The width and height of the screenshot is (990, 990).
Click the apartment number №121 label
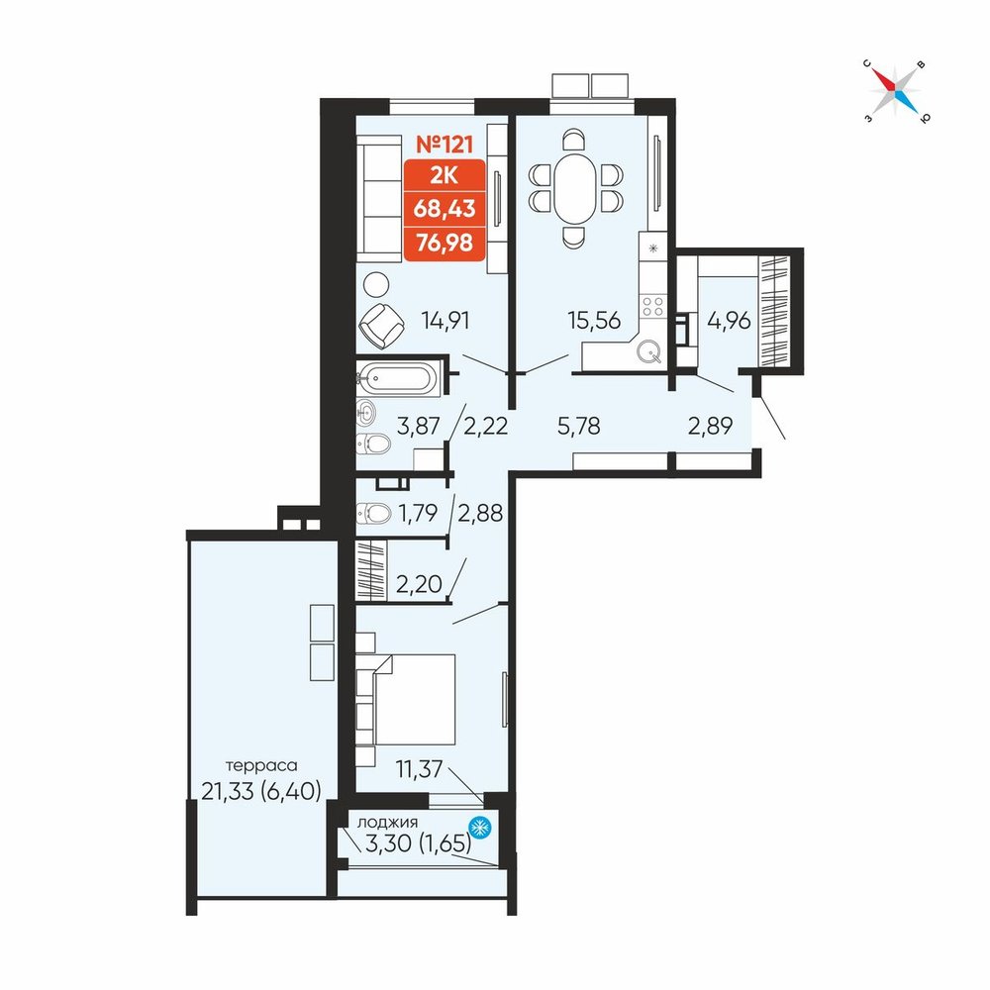click(x=445, y=144)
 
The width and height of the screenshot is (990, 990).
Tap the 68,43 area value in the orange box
click(x=445, y=208)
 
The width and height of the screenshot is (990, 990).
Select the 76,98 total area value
click(x=445, y=242)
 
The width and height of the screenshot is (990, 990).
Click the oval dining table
click(x=574, y=188)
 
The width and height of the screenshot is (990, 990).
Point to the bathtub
click(x=398, y=379)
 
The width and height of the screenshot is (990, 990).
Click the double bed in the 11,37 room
click(x=414, y=700)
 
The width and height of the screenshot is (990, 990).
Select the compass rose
click(x=896, y=91)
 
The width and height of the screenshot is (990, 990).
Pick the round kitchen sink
click(x=649, y=351)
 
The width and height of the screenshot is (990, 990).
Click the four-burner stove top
click(x=652, y=307)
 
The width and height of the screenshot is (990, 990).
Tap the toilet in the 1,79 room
click(x=374, y=513)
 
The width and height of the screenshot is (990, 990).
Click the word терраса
click(x=261, y=766)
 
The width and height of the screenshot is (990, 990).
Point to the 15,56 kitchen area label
click(x=594, y=321)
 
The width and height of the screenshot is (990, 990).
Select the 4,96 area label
click(x=730, y=321)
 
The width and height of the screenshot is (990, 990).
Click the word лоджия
click(x=388, y=823)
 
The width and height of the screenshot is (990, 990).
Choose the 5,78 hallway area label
click(x=579, y=426)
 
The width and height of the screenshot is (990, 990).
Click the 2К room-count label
click(x=445, y=176)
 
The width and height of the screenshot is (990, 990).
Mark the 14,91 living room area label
click(x=445, y=321)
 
